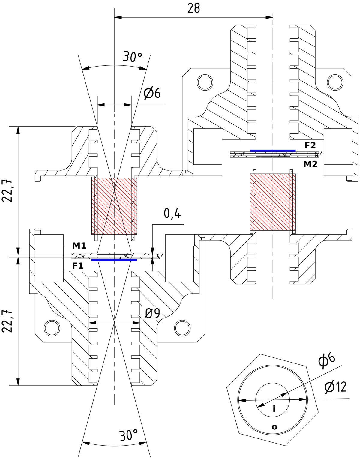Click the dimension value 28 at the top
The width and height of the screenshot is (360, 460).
(x=193, y=8)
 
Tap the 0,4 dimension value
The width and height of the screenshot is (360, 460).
(x=172, y=214)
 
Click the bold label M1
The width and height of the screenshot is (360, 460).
(x=79, y=246)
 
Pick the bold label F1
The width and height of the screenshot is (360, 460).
(x=78, y=266)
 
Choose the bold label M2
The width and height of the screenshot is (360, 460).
(x=310, y=164)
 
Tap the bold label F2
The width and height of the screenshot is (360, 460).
(x=310, y=145)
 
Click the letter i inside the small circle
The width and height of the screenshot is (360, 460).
(x=274, y=409)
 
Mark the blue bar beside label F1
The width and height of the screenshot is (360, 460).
(x=114, y=260)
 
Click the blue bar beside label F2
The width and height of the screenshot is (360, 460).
(x=273, y=151)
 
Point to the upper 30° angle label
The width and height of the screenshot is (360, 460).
(x=132, y=57)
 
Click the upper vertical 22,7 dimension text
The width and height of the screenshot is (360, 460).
(x=7, y=190)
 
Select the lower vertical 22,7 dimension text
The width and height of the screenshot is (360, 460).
(x=7, y=321)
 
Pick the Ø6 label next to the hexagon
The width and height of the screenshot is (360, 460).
(x=327, y=361)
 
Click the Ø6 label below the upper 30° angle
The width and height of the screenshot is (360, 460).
(x=152, y=93)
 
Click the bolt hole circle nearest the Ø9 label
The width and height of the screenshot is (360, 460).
(x=182, y=328)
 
